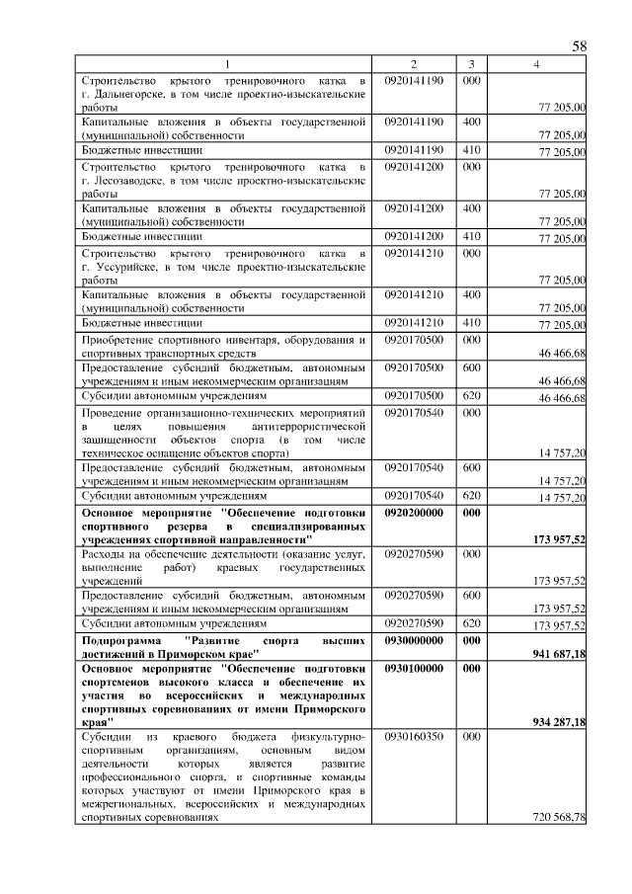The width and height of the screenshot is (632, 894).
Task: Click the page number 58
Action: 580,46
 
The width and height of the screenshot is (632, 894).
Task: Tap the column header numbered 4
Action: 535,65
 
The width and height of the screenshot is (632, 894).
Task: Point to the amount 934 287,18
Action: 559,723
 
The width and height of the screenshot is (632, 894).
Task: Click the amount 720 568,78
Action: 559,818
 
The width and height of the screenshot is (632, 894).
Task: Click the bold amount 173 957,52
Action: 559,540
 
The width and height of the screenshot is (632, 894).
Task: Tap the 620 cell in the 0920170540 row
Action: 471,496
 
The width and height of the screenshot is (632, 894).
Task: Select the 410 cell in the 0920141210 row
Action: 471,323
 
